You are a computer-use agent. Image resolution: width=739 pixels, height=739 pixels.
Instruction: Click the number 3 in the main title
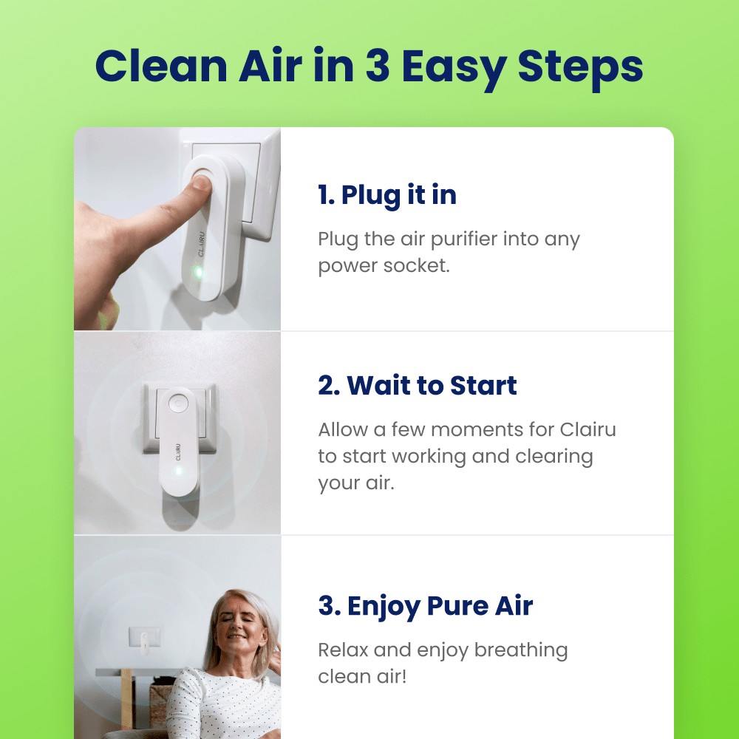(x=379, y=67)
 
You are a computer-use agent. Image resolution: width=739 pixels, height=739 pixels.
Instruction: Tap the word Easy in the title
(x=453, y=67)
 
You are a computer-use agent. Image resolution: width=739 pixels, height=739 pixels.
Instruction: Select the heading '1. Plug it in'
(x=387, y=195)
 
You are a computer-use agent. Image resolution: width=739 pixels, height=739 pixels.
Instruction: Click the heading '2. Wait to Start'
(x=418, y=385)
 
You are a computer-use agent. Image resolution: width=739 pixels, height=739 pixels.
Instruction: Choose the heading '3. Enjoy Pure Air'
(x=425, y=606)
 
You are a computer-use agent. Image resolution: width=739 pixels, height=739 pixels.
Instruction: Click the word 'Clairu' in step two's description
(x=588, y=429)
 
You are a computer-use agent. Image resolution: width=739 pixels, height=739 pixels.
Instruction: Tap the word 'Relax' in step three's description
(x=344, y=650)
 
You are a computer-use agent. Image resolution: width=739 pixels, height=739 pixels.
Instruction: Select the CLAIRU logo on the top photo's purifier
(x=201, y=242)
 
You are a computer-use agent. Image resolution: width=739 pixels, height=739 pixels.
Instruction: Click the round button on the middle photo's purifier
(x=177, y=403)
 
